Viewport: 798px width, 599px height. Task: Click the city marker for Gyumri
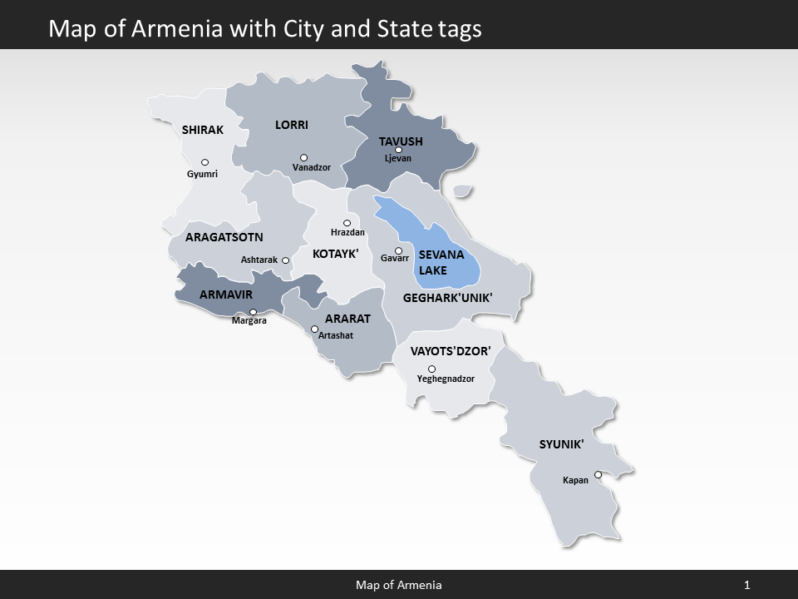[204, 162]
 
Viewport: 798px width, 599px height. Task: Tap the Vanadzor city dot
[303, 157]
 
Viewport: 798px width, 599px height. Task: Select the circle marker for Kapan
[597, 476]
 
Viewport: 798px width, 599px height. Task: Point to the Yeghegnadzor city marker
[431, 369]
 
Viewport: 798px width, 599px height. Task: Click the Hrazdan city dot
[347, 223]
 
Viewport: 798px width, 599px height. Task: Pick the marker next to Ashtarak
[285, 260]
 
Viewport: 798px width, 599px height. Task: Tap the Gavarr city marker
[398, 250]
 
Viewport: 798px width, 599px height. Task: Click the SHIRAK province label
[203, 130]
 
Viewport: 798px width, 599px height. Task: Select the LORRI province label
[292, 125]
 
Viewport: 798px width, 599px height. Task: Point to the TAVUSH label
[401, 141]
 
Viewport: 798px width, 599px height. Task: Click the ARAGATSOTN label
[224, 237]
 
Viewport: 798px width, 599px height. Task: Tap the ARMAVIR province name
[226, 294]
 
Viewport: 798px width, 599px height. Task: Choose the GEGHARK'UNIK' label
[448, 297]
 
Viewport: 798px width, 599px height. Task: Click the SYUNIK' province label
[562, 444]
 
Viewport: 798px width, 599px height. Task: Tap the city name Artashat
[336, 335]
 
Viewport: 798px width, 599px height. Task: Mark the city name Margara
[249, 321]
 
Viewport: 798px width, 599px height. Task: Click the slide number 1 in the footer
[747, 585]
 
